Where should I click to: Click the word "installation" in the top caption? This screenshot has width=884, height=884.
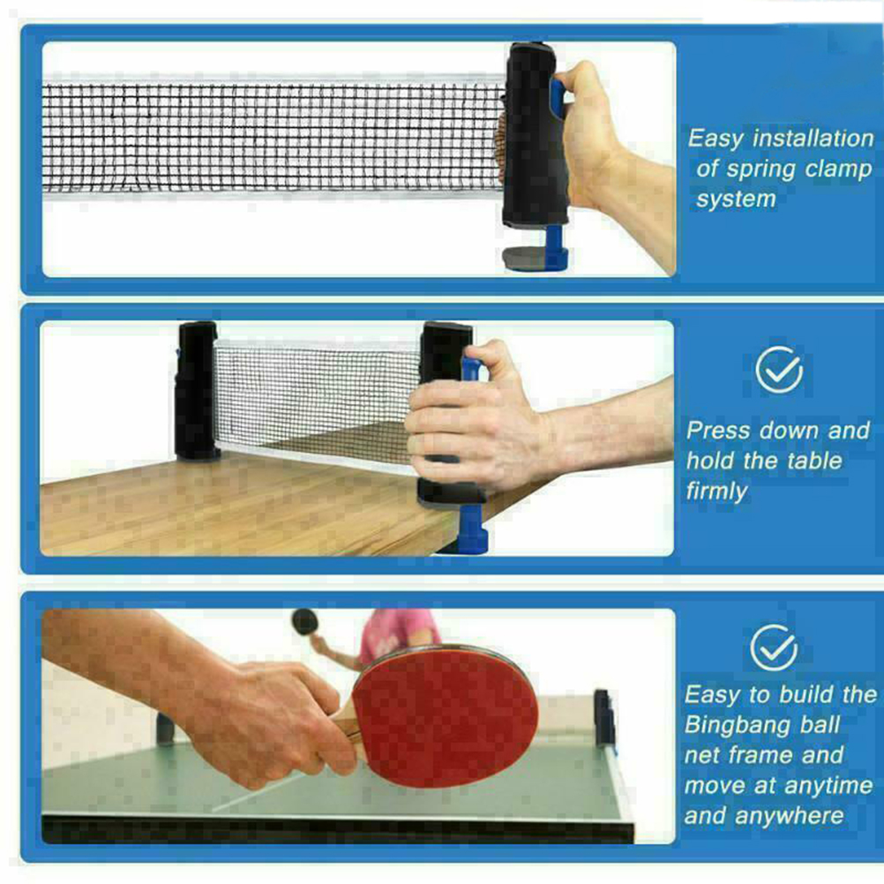point(813,139)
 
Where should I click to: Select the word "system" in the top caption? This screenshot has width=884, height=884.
point(736,199)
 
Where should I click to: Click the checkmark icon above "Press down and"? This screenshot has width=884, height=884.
point(779,370)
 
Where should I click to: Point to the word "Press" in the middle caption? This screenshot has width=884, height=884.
point(718,431)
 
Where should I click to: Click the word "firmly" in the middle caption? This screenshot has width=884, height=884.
point(716,491)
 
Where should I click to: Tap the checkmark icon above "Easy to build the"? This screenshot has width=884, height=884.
point(774,648)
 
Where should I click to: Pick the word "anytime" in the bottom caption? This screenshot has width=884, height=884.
point(825,786)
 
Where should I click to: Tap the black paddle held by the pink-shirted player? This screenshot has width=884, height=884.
point(304,622)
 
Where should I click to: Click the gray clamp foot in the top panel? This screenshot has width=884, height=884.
point(524,258)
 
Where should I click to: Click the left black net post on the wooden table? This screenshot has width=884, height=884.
point(195,391)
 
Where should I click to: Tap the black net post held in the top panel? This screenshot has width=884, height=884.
point(534,134)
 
